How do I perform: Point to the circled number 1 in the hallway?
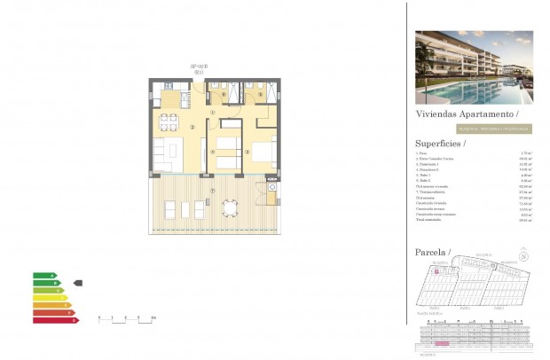(x=213, y=113)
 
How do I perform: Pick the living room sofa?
(x=162, y=153)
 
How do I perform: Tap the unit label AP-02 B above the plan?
(x=199, y=67)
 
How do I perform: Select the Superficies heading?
(x=440, y=143)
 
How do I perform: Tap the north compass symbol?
(x=524, y=258)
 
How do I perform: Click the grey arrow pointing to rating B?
(x=77, y=282)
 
